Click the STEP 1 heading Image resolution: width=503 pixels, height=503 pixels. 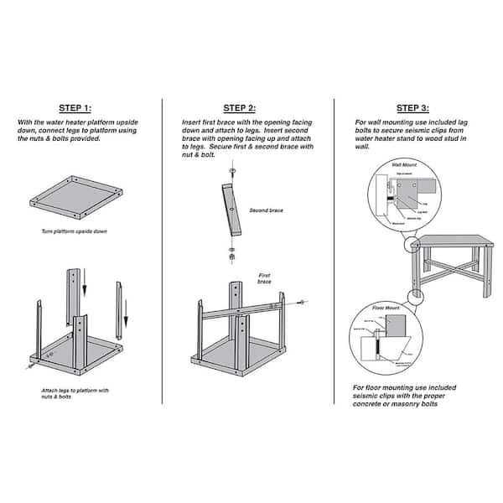click(80, 109)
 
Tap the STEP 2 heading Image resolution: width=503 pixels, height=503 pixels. click(239, 109)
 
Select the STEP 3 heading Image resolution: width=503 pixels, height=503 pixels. click(412, 109)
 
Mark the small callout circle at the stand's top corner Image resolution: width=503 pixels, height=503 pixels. click(411, 244)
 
